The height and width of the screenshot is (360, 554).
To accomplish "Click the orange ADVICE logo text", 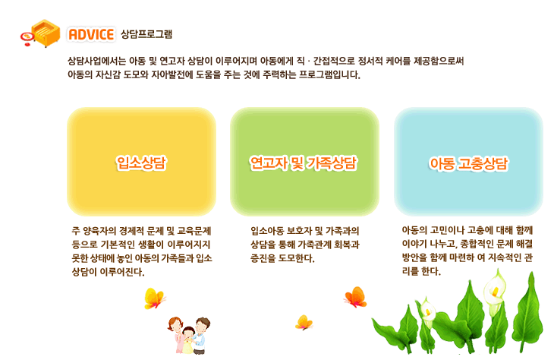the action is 91,34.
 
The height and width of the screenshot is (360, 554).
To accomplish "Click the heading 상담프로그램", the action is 146,34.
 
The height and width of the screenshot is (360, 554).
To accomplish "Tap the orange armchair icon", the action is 46,33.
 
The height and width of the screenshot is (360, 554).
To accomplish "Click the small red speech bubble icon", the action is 27,38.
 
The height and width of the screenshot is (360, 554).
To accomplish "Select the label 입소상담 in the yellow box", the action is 141,163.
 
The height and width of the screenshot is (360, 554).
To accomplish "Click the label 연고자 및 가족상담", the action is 304,163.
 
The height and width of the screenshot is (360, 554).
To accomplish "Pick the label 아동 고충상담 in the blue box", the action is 468,164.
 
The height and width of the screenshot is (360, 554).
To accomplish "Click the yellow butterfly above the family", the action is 154,298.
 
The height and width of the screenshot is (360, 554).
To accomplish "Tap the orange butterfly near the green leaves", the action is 355,296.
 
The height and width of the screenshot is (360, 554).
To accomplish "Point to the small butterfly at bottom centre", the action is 304,322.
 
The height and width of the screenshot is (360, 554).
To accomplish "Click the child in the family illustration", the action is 188,339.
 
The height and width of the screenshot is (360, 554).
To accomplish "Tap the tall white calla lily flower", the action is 494,289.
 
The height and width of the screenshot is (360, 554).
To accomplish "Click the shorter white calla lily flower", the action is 427,311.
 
